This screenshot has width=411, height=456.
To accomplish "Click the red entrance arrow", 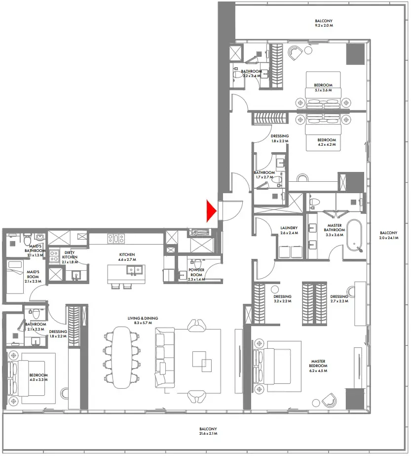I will coord(212,211).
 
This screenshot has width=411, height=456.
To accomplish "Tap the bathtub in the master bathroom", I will coord(354,235).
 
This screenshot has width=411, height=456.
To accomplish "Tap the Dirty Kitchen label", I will coord(70,257).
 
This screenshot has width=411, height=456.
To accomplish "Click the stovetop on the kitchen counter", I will coord(116,239).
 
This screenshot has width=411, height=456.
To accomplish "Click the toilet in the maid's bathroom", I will coord(25,240).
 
